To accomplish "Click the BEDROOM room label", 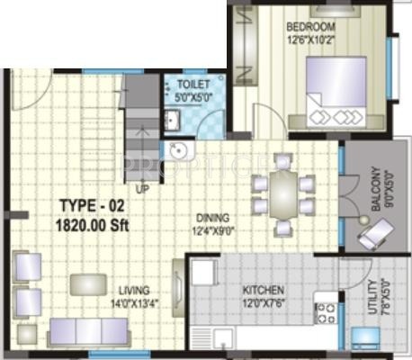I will click(x=311, y=25).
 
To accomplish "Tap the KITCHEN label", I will click(x=263, y=290).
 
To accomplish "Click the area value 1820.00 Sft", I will click(x=93, y=223).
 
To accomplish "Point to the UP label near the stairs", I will click(x=142, y=189).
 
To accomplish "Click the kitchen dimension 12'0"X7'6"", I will click(x=263, y=302).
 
